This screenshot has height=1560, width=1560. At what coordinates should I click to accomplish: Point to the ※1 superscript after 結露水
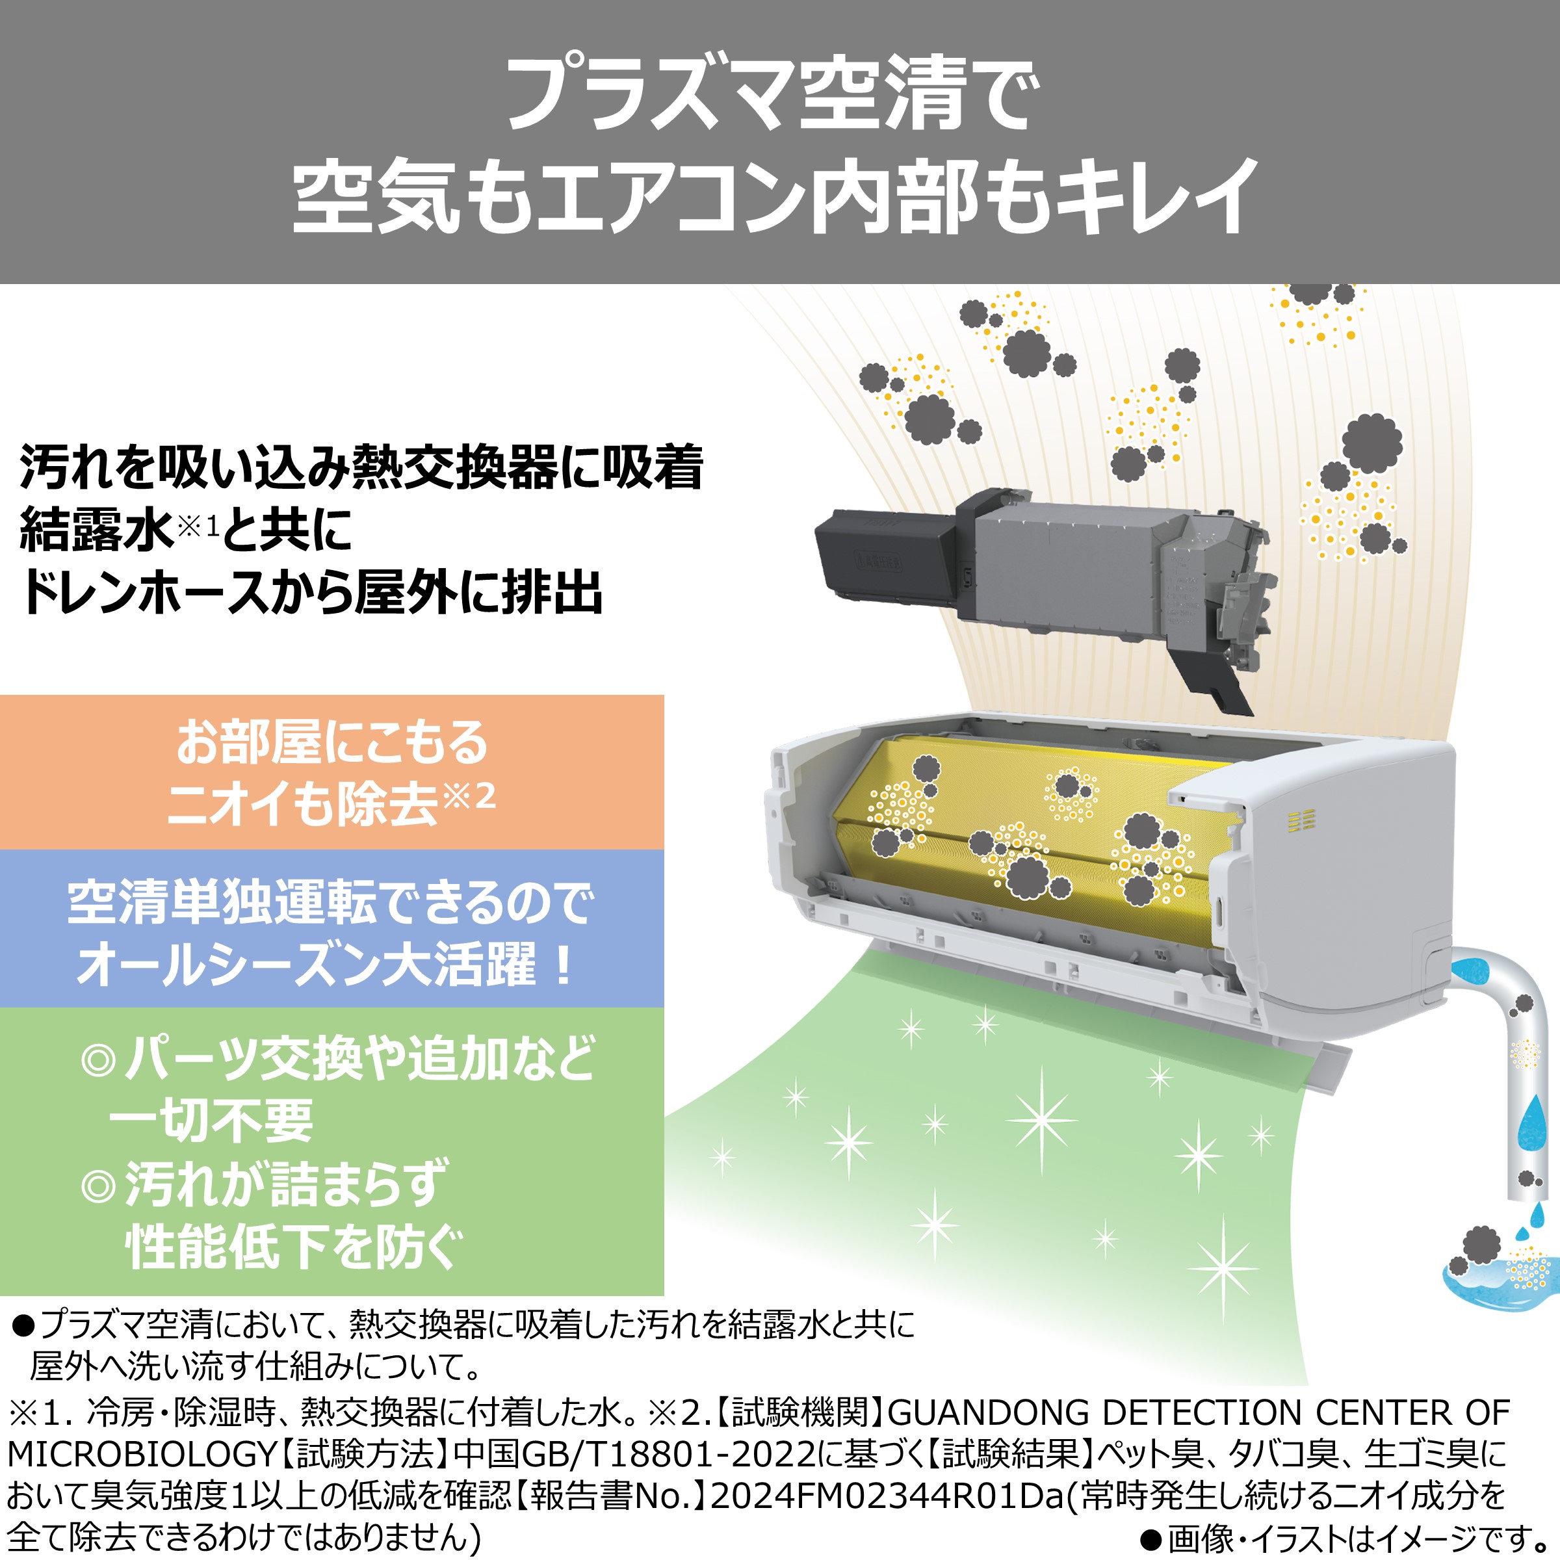point(198,526)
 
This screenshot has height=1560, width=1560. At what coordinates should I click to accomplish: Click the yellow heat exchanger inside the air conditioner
point(1026,832)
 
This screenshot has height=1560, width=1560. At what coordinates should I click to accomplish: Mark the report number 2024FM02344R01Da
point(888,1496)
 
